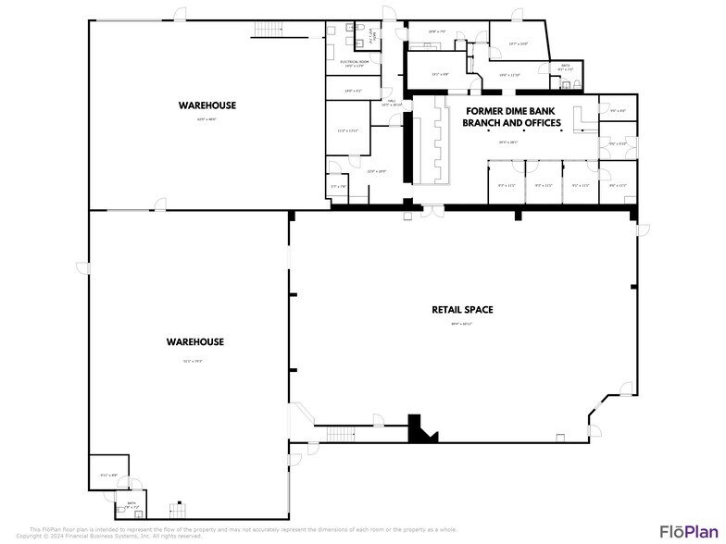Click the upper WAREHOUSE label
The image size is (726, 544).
pos(207,105)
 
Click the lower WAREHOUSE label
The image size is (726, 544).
pos(195,342)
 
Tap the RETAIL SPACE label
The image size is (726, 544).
pos(462,310)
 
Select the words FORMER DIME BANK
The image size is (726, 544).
pos(511,110)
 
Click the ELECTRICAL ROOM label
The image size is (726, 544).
pos(355,62)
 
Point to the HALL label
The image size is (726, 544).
pos(393,100)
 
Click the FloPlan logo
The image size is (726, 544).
pos(685,530)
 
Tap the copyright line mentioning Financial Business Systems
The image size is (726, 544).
pos(109,536)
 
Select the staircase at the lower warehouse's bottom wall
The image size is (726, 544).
pos(177,511)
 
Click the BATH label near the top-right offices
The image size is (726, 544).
pos(565,65)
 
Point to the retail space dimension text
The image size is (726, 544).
pos(461,324)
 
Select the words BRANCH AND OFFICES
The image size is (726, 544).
pos(512,122)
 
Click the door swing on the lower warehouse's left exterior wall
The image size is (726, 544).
pos(82,268)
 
